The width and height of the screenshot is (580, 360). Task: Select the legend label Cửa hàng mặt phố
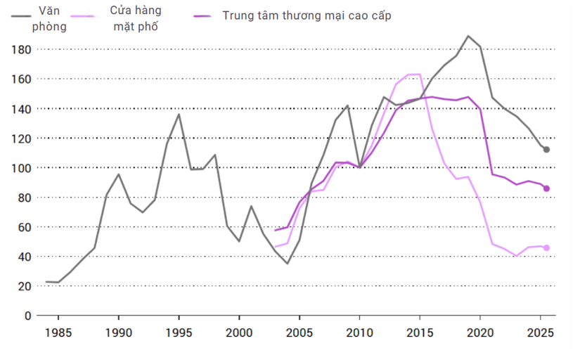click(x=136, y=20)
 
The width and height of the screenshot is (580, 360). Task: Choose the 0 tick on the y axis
click(x=28, y=316)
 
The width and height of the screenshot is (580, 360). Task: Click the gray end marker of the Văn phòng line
click(x=546, y=150)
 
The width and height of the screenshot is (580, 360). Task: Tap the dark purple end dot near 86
click(x=546, y=188)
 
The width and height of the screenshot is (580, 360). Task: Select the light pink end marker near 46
click(x=546, y=247)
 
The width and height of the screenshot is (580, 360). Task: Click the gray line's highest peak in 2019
click(x=468, y=36)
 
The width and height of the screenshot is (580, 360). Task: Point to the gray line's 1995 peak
click(x=179, y=114)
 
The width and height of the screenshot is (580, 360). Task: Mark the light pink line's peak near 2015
click(x=420, y=74)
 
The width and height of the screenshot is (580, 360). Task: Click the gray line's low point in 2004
click(x=287, y=264)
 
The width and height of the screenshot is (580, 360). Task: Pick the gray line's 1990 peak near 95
click(x=119, y=174)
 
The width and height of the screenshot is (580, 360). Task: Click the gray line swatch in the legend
click(x=20, y=14)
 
